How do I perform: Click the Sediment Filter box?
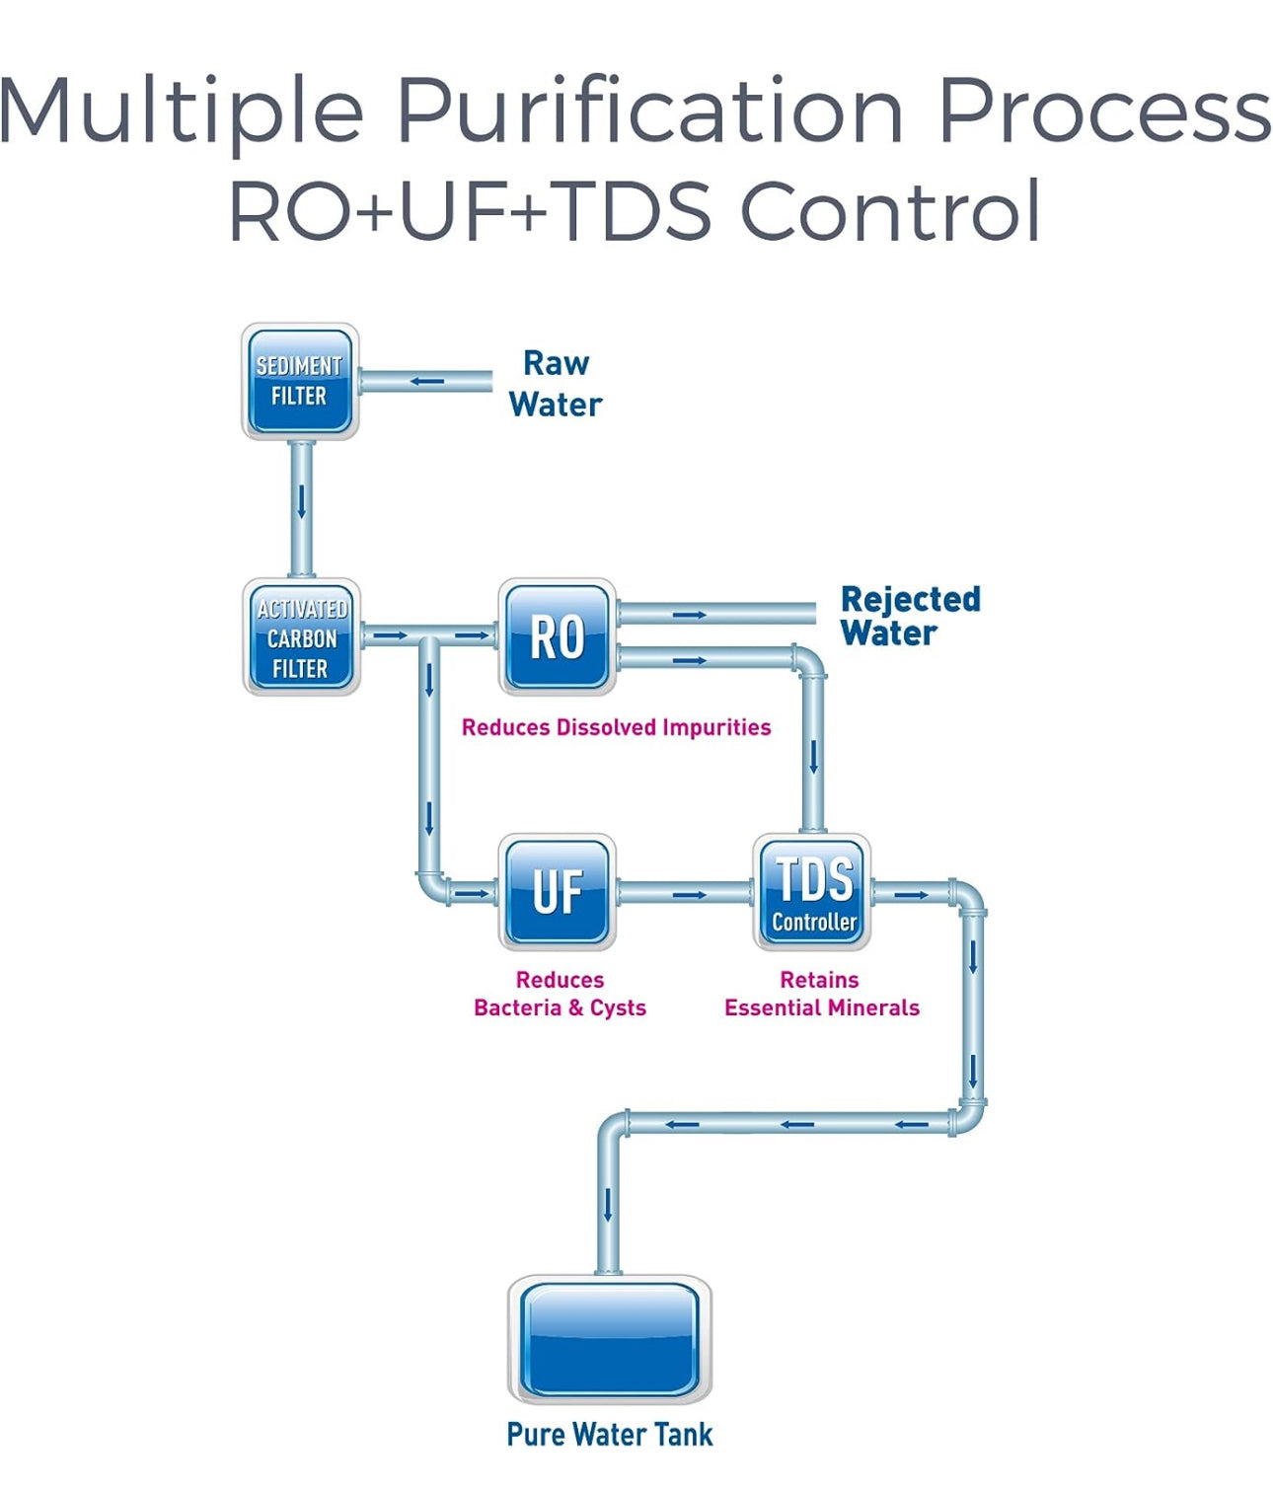pyautogui.click(x=300, y=382)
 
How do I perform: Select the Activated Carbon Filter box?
pyautogui.click(x=302, y=637)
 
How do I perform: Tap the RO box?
pyautogui.click(x=558, y=637)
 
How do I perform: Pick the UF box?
pyautogui.click(x=558, y=892)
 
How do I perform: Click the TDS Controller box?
pyautogui.click(x=813, y=892)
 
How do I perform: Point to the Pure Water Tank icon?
pyautogui.click(x=610, y=1339)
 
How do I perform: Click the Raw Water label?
pyautogui.click(x=556, y=384)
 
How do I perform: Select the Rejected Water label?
pyautogui.click(x=909, y=616)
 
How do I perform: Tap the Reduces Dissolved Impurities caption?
pyautogui.click(x=616, y=727)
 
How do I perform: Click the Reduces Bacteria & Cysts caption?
pyautogui.click(x=560, y=994)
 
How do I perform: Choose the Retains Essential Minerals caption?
pyautogui.click(x=821, y=994)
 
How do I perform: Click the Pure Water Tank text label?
pyautogui.click(x=609, y=1434)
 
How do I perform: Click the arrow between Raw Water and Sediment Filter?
pyautogui.click(x=427, y=381)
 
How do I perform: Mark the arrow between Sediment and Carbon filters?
pyautogui.click(x=302, y=500)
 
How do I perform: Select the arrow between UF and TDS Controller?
pyautogui.click(x=689, y=895)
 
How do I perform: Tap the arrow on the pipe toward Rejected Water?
pyautogui.click(x=690, y=615)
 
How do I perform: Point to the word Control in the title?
pyautogui.click(x=890, y=211)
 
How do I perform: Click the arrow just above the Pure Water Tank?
pyautogui.click(x=608, y=1204)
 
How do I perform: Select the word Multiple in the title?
pyautogui.click(x=183, y=111)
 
